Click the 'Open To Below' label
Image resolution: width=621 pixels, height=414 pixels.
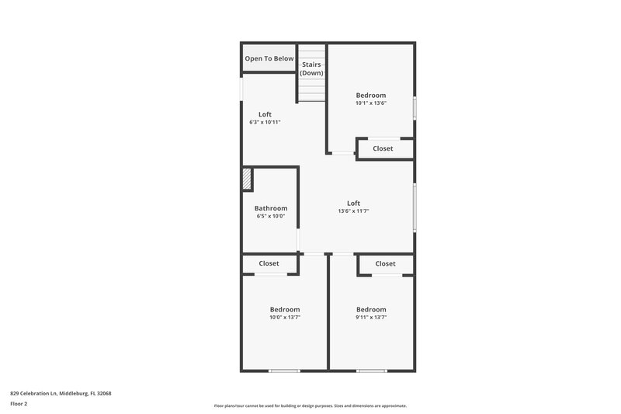point(269,58)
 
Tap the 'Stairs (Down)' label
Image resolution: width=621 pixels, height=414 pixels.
point(312,68)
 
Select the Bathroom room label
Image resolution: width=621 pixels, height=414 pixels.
point(271,208)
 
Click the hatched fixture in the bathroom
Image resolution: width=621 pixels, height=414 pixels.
point(247,179)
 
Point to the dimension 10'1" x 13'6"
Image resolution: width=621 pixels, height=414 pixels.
point(370,103)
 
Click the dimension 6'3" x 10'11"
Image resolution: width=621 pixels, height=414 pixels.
point(265,122)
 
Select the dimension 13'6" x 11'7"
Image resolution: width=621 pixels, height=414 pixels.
point(353,210)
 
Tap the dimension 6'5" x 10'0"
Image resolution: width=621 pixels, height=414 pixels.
point(271,216)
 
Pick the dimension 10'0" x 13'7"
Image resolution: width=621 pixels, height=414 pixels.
point(284,317)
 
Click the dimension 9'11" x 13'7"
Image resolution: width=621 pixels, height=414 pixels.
point(370,317)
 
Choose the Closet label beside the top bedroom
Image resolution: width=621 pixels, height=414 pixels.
point(383,148)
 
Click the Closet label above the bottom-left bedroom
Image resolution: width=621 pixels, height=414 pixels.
point(269,263)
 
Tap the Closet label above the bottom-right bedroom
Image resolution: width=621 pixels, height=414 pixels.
point(385,263)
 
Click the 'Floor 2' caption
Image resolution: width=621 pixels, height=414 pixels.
point(19,404)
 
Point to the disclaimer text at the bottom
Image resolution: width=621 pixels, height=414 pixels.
point(310,405)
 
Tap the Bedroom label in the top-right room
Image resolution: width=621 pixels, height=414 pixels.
point(370,95)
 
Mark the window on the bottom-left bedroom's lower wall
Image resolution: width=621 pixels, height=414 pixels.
point(284,371)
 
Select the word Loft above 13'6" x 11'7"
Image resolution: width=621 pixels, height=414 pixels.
point(353,203)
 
